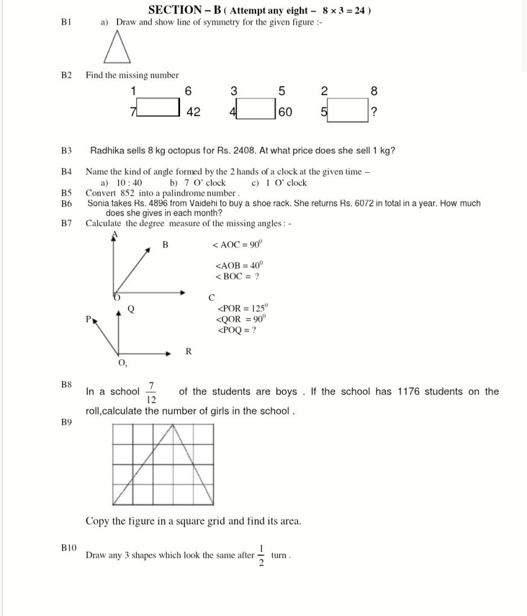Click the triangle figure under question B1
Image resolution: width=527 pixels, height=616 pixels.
point(117,48)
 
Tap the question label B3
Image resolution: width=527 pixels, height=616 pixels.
point(66,150)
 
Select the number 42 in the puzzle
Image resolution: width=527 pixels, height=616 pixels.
point(193,112)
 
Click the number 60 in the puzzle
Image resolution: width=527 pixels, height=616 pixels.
point(285,112)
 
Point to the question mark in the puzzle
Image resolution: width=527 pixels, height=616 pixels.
point(374,112)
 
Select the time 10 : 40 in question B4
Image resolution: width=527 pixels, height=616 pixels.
point(129,183)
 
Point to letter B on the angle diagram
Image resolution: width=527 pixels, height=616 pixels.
point(165,245)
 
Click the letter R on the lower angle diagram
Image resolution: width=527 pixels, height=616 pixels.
point(189,352)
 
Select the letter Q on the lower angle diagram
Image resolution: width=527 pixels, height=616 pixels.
point(131,310)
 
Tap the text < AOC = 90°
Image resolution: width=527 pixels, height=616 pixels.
point(237,245)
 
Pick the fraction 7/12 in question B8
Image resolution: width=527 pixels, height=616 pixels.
point(151,392)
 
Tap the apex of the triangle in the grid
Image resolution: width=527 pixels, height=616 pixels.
point(173,425)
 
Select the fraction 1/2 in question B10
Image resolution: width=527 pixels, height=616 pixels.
point(261,556)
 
